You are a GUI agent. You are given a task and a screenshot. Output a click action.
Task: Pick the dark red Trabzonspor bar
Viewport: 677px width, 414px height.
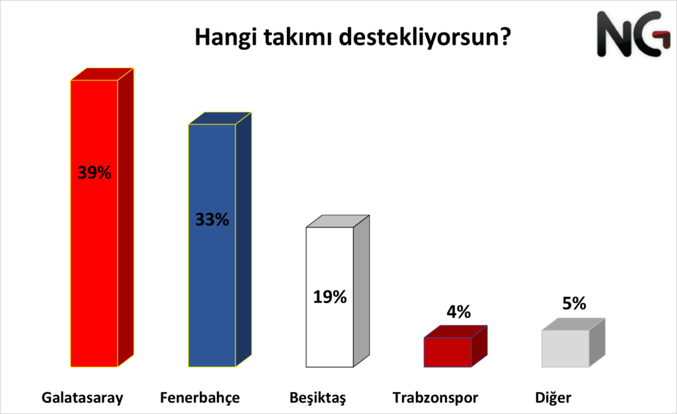pyautogui.click(x=448, y=351)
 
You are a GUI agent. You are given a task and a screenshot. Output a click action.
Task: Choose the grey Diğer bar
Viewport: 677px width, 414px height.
pyautogui.click(x=565, y=349)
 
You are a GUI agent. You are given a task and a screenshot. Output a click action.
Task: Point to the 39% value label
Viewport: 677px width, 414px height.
pyautogui.click(x=94, y=173)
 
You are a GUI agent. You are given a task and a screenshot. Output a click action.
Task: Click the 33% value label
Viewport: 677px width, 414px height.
pyautogui.click(x=212, y=219)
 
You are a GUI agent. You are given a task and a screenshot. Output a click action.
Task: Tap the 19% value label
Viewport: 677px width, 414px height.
pyautogui.click(x=330, y=297)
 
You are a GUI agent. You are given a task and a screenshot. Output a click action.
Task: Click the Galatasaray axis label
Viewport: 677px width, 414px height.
pyautogui.click(x=83, y=398)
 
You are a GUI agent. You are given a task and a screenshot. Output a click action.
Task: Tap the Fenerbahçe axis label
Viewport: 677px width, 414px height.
pyautogui.click(x=200, y=398)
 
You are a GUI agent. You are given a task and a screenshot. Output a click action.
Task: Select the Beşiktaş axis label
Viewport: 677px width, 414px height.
pyautogui.click(x=318, y=398)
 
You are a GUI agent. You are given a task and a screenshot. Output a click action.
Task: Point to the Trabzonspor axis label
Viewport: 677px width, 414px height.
pyautogui.click(x=435, y=398)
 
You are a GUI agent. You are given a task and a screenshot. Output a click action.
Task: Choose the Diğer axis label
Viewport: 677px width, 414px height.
pyautogui.click(x=553, y=398)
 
